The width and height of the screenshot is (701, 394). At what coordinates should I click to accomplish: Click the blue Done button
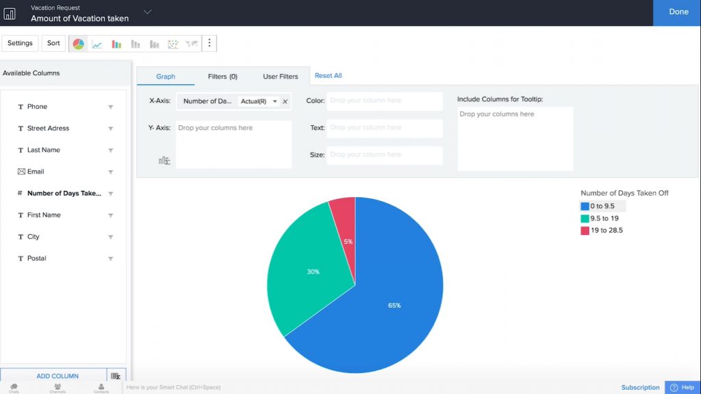point(678,12)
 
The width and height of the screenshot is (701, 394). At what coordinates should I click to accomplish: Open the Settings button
point(20,43)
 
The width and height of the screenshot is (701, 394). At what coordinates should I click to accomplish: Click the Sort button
point(53,43)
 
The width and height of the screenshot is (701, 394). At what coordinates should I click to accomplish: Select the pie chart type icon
point(79,44)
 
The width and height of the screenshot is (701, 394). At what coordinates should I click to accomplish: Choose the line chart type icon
point(97,44)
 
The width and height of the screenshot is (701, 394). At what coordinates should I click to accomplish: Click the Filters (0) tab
point(222,77)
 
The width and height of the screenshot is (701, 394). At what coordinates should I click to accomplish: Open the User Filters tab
point(281,77)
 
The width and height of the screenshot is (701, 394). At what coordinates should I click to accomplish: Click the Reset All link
point(328,76)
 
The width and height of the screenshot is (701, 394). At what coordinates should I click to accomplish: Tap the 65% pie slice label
point(394,305)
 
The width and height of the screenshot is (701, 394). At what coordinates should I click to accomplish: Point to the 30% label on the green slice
point(313,272)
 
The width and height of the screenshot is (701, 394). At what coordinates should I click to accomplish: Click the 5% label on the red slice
point(348,241)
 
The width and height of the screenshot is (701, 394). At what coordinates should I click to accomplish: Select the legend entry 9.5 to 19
point(605,218)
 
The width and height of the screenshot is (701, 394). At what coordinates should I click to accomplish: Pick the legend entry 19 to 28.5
point(607,231)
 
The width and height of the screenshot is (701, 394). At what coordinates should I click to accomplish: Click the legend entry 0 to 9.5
point(602,206)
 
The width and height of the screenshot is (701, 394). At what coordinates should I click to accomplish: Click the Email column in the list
point(36,172)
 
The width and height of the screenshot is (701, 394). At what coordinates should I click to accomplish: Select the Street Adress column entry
point(48,129)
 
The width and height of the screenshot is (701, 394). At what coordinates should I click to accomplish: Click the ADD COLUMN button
point(57,376)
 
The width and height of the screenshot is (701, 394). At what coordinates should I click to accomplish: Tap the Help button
point(683,387)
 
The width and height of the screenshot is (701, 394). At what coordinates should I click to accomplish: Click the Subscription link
point(641,387)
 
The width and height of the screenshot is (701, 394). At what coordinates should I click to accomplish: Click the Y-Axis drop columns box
point(233,144)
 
